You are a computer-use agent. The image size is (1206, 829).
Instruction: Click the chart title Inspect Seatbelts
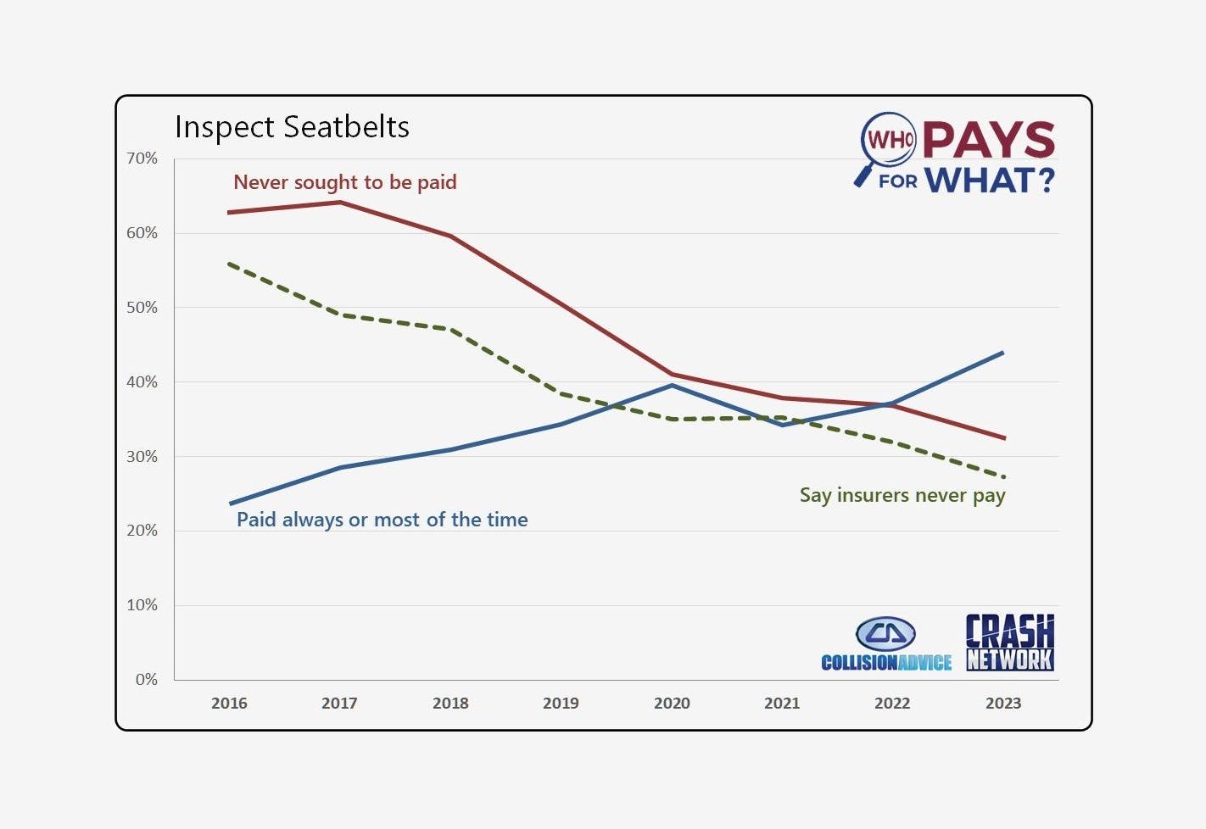(292, 127)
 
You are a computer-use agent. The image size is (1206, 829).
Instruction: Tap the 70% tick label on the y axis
(142, 159)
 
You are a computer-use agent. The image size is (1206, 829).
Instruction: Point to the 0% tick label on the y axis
(146, 680)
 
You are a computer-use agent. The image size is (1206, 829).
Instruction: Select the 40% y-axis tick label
(142, 382)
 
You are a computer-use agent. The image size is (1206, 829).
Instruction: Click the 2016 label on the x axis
(229, 704)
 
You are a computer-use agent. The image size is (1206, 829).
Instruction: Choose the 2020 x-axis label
(672, 704)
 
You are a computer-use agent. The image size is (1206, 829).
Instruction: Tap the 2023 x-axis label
(1003, 704)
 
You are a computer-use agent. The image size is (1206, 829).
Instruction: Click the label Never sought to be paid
(344, 182)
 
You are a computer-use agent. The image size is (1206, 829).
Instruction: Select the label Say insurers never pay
(902, 495)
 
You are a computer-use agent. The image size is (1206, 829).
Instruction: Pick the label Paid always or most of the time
(382, 520)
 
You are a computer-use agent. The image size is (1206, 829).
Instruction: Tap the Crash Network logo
(1010, 643)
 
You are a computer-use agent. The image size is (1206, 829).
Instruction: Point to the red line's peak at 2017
(340, 202)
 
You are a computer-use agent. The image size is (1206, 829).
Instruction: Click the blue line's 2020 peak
(672, 385)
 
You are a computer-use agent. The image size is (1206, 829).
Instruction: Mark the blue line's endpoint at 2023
(1003, 352)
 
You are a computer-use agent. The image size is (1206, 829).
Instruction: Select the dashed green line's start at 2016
(230, 264)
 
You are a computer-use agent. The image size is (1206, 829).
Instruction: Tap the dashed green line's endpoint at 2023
(1003, 476)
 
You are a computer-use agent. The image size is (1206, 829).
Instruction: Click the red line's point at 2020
(672, 374)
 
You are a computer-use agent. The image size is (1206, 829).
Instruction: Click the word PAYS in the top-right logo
(989, 140)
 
